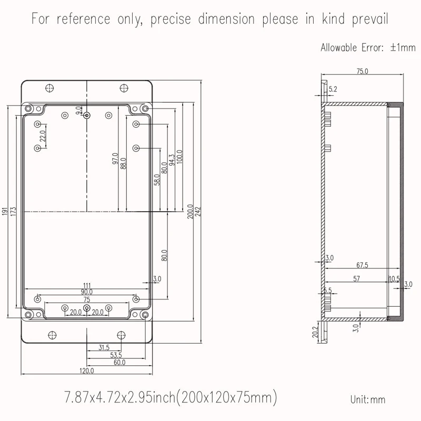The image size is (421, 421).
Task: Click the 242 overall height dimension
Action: pyautogui.click(x=198, y=212)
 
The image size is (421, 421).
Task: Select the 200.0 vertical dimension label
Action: pyautogui.click(x=191, y=212)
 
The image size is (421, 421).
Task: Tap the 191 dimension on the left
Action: pyautogui.click(x=5, y=212)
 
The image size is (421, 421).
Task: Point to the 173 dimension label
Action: pyautogui.click(x=13, y=212)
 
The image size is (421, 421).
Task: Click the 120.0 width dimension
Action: pyautogui.click(x=87, y=371)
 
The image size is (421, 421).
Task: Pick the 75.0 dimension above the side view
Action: pyautogui.click(x=362, y=71)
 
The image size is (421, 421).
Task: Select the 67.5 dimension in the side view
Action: pyautogui.click(x=362, y=265)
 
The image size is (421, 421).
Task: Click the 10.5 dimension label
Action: pyautogui.click(x=394, y=279)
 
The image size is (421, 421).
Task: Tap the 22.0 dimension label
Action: pyautogui.click(x=43, y=136)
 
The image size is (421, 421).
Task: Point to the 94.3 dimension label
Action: pyautogui.click(x=172, y=160)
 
